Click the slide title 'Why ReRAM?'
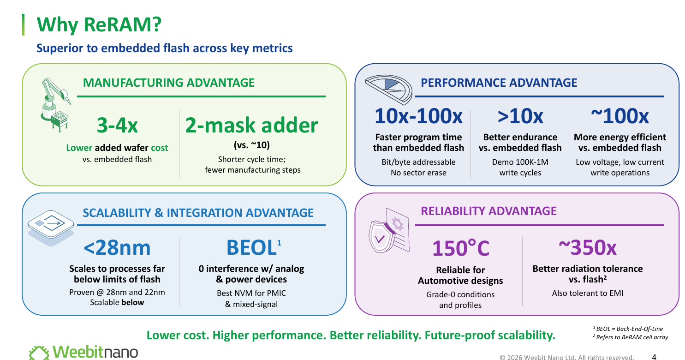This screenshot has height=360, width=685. tap(99, 25)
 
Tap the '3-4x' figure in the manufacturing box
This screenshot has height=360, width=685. tap(117, 125)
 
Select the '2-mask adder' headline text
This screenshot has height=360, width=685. tap(252, 125)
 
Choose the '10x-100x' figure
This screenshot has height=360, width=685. tap(418, 116)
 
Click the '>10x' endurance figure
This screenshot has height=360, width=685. tap(520, 116)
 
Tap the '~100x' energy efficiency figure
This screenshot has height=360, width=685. tap(619, 116)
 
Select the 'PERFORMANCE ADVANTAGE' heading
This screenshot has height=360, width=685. tap(499, 83)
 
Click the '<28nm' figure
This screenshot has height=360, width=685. tap(117, 247)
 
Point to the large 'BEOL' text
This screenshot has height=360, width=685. tap(251, 247)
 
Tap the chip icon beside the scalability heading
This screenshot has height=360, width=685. tap(51, 228)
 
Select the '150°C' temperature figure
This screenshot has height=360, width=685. tap(460, 248)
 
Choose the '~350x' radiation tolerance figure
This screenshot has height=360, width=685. tap(588, 247)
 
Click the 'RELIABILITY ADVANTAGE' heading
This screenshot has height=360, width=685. tap(488, 211)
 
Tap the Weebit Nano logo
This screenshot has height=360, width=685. tap(83, 352)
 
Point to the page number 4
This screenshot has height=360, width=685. tap(654, 357)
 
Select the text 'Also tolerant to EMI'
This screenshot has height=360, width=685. tap(588, 293)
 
